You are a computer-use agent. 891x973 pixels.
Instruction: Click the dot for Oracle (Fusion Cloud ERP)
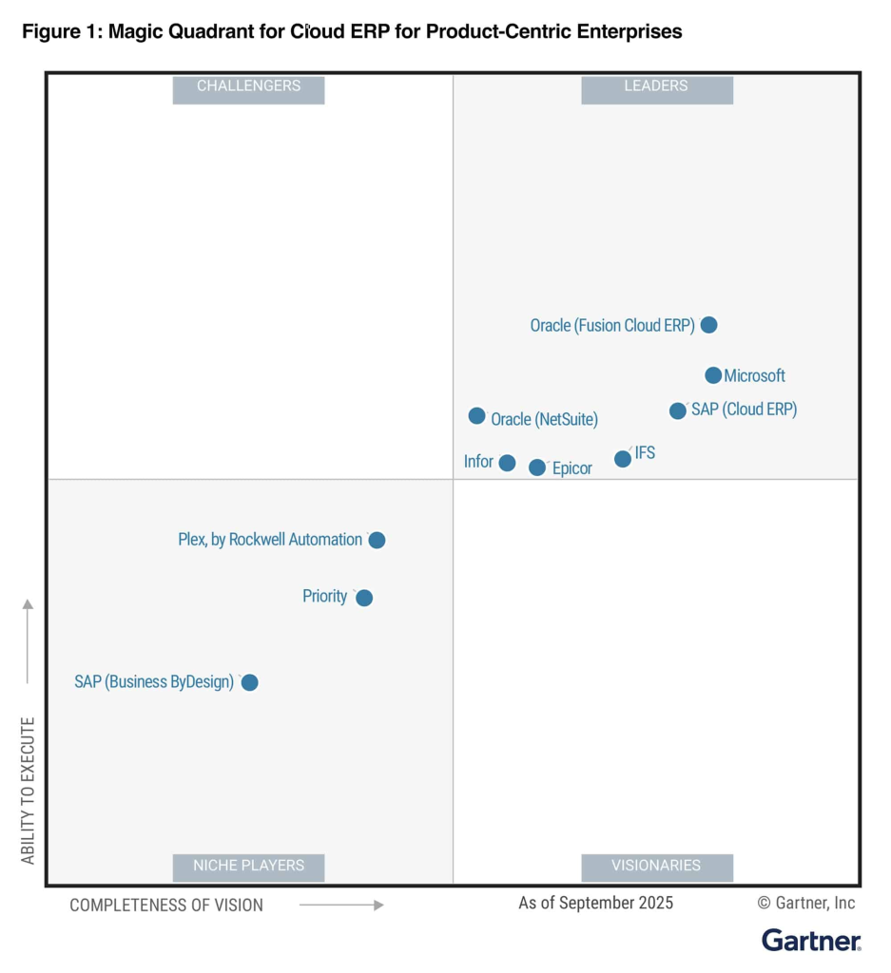pos(708,325)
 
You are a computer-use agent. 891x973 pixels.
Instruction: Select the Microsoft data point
pos(713,375)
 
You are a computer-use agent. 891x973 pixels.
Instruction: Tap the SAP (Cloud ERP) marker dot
pos(678,410)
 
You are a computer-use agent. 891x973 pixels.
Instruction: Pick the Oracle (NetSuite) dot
pos(477,416)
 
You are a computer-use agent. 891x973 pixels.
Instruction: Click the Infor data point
pos(507,463)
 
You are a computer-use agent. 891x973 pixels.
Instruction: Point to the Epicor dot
pos(537,467)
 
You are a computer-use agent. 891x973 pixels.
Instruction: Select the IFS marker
pos(623,459)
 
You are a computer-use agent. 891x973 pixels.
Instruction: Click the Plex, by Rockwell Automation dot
pos(377,540)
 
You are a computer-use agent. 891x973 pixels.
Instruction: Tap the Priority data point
pos(364,598)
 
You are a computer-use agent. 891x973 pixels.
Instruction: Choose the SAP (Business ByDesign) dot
pos(249,682)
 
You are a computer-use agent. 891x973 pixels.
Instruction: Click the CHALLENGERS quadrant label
pos(248,86)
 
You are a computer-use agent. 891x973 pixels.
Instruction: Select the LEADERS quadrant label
pos(656,86)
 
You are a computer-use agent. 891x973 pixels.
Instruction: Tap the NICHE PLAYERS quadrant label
pos(248,866)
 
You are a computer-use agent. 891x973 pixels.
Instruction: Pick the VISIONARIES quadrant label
pos(656,866)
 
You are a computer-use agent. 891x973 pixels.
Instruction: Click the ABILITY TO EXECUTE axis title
pos(28,791)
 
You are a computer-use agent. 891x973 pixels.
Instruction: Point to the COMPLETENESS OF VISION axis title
pos(166,906)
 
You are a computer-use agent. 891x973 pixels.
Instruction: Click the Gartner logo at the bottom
pos(811,941)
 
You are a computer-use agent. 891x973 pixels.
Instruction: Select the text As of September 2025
pos(595,903)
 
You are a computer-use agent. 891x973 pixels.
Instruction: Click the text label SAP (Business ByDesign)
pos(154,682)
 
